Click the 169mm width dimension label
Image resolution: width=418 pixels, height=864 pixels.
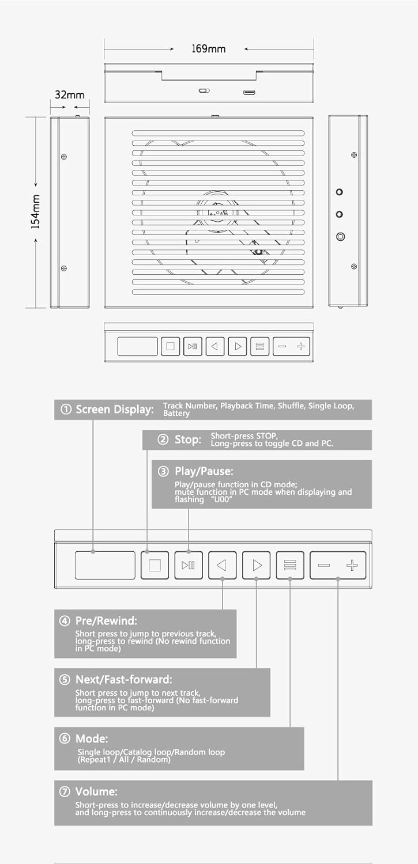(208, 48)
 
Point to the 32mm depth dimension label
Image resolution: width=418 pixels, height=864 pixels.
(69, 95)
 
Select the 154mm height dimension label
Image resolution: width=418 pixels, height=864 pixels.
(35, 212)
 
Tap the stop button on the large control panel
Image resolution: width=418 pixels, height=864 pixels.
(155, 565)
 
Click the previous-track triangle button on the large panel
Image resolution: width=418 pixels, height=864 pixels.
(223, 565)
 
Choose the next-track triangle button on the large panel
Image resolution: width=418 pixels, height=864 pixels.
(257, 565)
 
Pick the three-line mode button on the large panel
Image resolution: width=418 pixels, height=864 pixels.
(290, 565)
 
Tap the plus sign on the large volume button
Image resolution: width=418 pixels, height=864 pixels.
(352, 566)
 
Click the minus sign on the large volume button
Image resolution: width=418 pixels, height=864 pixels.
(324, 566)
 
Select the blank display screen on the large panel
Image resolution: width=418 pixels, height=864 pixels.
(105, 565)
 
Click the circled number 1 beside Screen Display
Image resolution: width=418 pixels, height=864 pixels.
(66, 409)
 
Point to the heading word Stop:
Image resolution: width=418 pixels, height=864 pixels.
(188, 439)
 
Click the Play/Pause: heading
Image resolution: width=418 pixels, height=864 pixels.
(204, 471)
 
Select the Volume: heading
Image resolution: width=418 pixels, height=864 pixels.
(96, 791)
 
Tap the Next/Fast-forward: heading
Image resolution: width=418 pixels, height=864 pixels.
(123, 679)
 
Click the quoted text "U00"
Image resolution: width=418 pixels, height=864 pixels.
(221, 499)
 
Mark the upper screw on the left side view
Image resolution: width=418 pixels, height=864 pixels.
(64, 157)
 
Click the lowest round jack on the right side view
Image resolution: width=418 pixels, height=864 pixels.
(340, 236)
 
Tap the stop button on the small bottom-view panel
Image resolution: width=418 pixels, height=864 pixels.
(170, 346)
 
